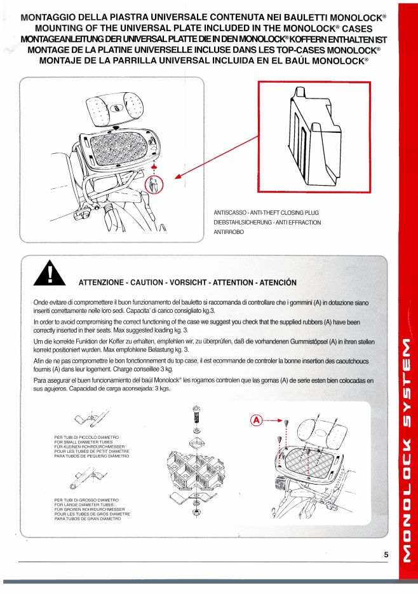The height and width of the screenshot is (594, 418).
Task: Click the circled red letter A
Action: point(256,420)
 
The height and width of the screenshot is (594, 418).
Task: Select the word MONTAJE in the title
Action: point(62,60)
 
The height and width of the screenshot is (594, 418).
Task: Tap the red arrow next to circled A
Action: point(273,421)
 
